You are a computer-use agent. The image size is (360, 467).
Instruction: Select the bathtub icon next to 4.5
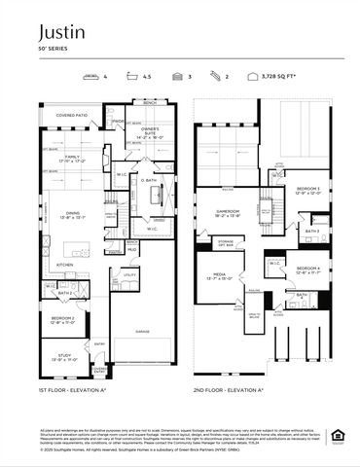pos(134,75)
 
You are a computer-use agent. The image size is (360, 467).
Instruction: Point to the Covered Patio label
pos(72,115)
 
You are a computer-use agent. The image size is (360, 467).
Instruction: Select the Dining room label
pos(73,214)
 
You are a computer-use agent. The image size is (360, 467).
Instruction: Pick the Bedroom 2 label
pos(62,319)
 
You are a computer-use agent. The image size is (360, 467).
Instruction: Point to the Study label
pos(62,357)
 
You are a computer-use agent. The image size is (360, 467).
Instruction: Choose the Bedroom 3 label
pos(309,189)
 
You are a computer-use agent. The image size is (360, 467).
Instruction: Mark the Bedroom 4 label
pos(308,269)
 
